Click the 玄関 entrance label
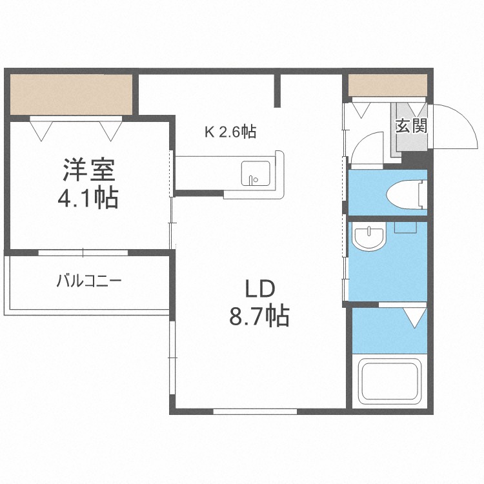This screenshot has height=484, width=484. (410, 125)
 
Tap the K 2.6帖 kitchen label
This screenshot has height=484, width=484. (230, 132)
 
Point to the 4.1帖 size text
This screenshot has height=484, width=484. (88, 197)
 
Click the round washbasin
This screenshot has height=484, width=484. (368, 237)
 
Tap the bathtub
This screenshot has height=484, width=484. (390, 382)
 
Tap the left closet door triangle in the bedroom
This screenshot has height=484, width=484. (43, 130)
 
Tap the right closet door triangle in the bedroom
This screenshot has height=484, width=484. (110, 130)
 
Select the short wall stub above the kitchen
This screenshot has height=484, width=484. (278, 90)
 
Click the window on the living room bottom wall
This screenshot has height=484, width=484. (255, 410)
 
